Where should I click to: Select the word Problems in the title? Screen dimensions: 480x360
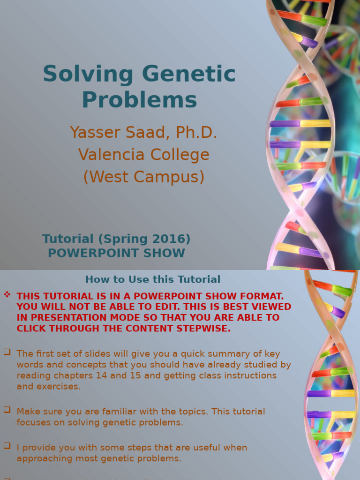click(139, 99)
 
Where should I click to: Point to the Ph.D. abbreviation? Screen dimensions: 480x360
click(196, 133)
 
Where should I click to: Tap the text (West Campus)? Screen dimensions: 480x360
click(144, 177)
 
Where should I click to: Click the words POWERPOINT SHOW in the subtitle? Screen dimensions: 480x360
click(116, 253)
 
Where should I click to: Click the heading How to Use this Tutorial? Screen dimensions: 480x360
click(153, 280)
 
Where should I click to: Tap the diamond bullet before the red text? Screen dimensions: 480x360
click(7, 295)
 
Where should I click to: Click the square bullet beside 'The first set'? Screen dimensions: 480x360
click(7, 352)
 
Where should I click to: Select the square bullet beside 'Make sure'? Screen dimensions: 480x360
click(7, 410)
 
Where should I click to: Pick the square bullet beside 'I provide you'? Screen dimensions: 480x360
click(7, 446)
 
